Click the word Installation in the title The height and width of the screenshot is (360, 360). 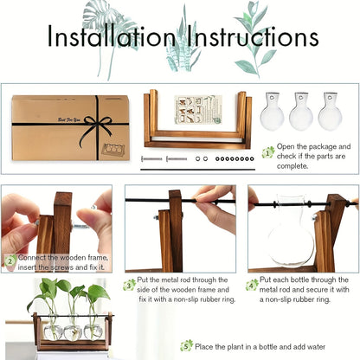point(110,37)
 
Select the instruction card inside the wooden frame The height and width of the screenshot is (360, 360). point(196,110)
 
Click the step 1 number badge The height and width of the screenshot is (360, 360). point(268,152)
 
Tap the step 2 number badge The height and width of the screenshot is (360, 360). point(10,259)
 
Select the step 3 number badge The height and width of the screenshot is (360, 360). point(130,284)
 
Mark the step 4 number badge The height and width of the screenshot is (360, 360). point(252,284)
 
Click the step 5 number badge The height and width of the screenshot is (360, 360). point(186,344)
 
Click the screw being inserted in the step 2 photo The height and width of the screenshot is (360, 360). point(78,226)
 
